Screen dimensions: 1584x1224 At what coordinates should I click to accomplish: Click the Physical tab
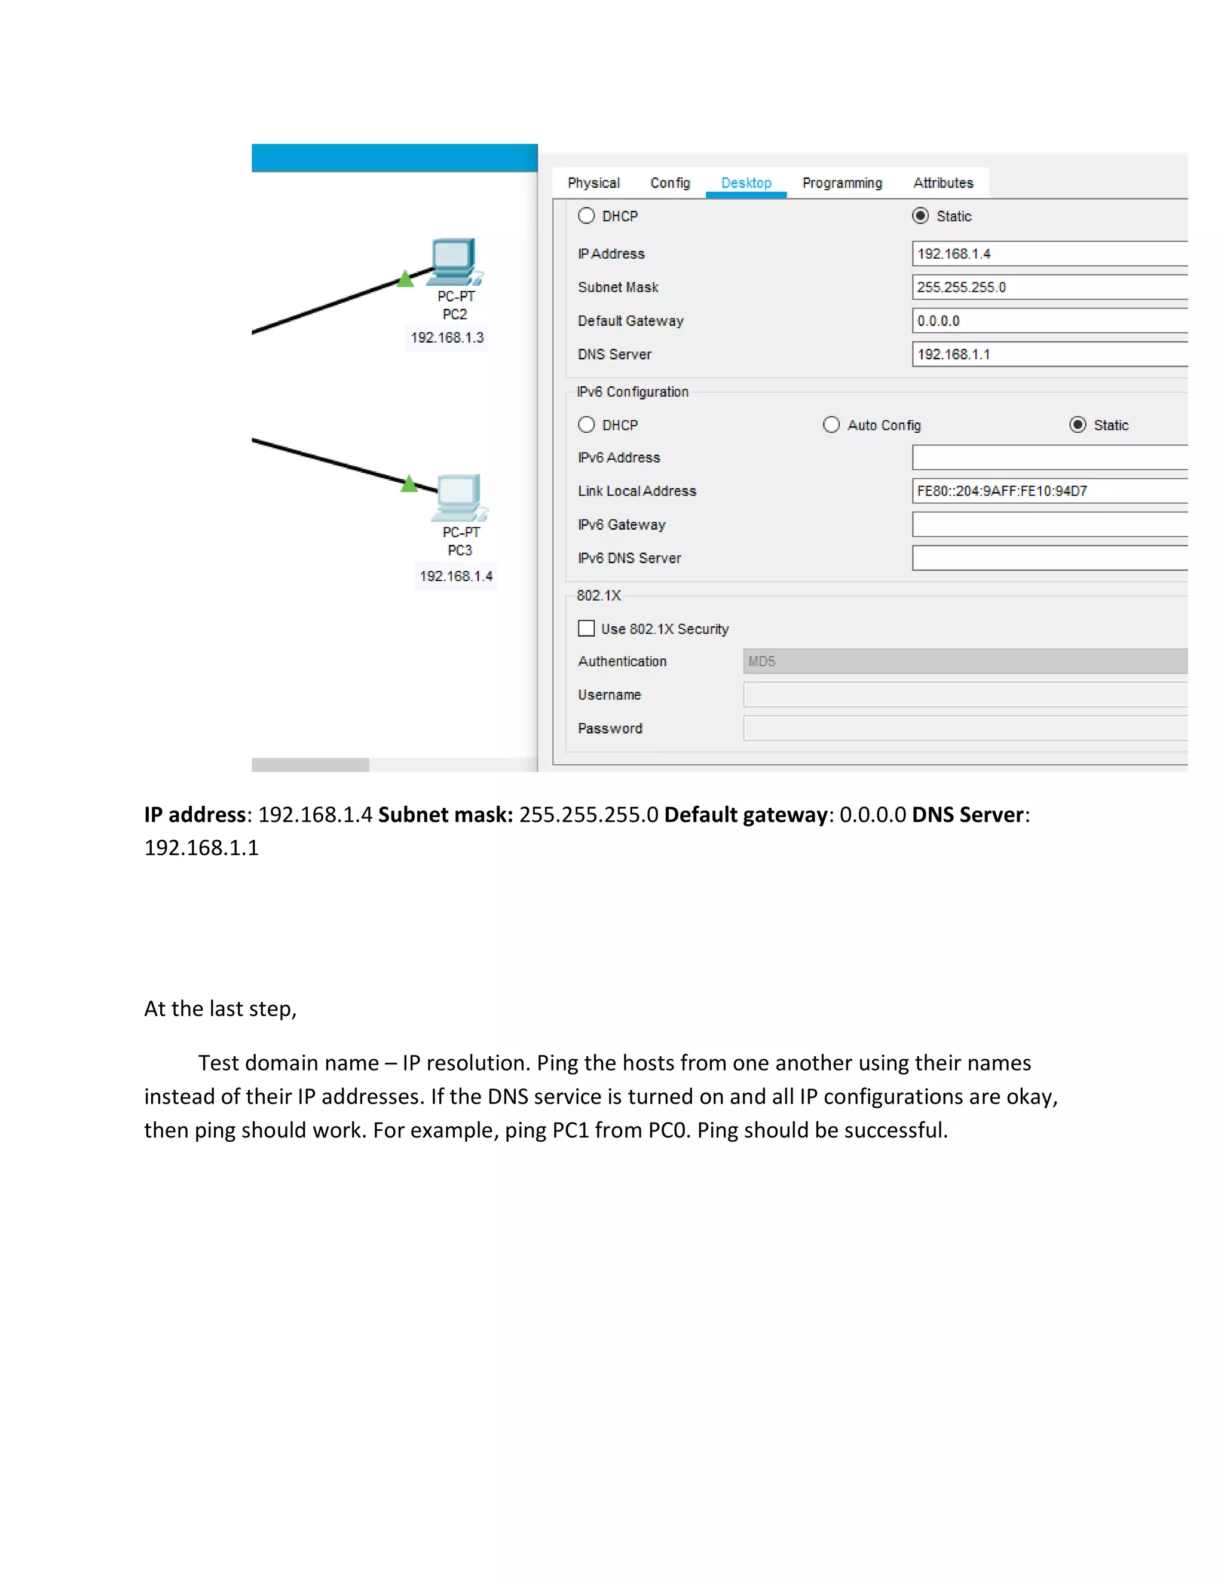pos(593,183)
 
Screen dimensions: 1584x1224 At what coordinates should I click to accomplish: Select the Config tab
pos(669,183)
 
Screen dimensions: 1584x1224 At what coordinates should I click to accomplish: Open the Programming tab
pos(842,183)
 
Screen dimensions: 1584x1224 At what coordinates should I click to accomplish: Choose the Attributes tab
pos(943,183)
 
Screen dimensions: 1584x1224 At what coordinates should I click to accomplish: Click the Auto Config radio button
pos(831,425)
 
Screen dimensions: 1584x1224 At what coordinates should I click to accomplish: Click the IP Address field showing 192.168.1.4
pos(1048,254)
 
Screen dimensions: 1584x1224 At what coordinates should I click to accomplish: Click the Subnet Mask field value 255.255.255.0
pos(1048,287)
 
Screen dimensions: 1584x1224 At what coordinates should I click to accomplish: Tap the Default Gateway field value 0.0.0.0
pos(1048,320)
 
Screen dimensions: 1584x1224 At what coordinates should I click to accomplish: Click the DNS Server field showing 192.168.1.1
pos(1048,354)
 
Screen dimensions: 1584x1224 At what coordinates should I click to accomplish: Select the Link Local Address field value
pos(1048,491)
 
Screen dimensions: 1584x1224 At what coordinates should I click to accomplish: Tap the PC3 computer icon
pos(458,497)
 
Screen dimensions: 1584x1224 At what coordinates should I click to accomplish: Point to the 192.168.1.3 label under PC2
pos(446,338)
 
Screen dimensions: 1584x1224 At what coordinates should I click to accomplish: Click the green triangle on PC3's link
pos(409,484)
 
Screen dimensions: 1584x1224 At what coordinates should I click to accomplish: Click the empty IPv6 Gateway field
pos(1048,524)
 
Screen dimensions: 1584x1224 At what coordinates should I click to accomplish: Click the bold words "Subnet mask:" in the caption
pos(445,815)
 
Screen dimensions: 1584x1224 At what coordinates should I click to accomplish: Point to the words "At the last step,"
pos(221,1009)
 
